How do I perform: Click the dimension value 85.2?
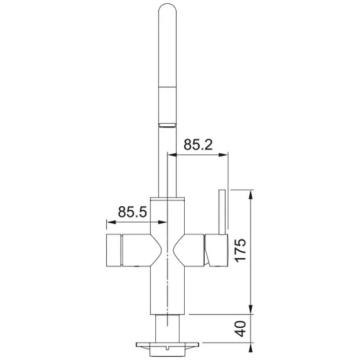click(x=198, y=145)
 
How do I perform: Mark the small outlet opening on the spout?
click(x=166, y=123)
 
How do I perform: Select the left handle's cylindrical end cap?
click(x=112, y=251)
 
